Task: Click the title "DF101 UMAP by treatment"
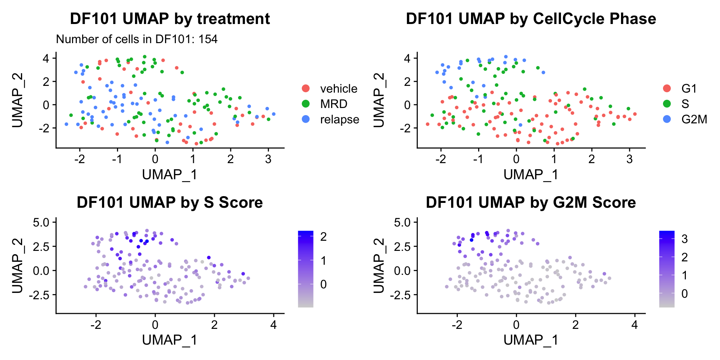pyautogui.click(x=170, y=19)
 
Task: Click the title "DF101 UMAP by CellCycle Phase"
pyautogui.click(x=531, y=19)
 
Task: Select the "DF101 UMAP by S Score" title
pyautogui.click(x=169, y=202)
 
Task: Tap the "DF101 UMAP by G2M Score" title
pyautogui.click(x=531, y=202)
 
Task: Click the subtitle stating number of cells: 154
pyautogui.click(x=136, y=39)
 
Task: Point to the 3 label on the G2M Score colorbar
pyautogui.click(x=684, y=238)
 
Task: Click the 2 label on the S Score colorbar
pyautogui.click(x=323, y=236)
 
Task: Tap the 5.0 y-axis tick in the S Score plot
pyautogui.click(x=41, y=222)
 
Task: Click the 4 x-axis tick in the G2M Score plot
pyautogui.click(x=634, y=325)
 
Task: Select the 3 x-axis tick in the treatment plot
pyautogui.click(x=268, y=159)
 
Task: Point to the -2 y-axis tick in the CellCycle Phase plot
pyautogui.click(x=407, y=128)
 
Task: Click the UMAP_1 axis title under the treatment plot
pyautogui.click(x=169, y=175)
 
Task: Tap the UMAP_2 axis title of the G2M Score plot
pyautogui.click(x=379, y=265)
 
